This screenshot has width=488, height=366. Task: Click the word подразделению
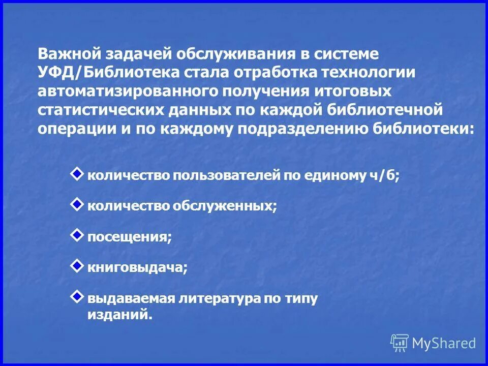coord(298,129)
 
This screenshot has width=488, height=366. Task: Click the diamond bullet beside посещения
coord(76,234)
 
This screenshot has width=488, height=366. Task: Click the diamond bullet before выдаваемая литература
coord(76,296)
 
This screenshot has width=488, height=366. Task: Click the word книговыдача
coord(137,268)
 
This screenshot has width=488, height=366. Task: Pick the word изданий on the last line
coord(120,315)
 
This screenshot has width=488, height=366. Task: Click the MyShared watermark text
coord(444,343)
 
